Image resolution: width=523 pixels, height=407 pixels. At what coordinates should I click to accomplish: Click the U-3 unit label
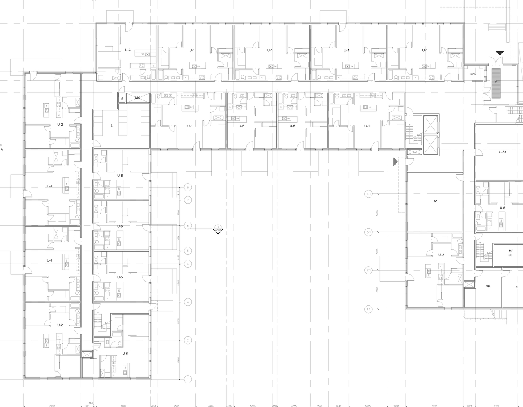pos(128,50)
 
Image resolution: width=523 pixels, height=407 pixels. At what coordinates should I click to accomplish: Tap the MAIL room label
pos(473,74)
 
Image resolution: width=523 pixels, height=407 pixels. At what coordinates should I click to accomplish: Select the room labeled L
pos(112,125)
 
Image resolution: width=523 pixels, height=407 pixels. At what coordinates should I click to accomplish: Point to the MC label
pos(138,98)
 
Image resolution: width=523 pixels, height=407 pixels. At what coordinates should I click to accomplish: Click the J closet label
pos(122,98)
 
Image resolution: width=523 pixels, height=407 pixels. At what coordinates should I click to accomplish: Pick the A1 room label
pos(436,201)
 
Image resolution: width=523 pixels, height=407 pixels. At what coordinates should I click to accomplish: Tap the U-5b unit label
pos(503,152)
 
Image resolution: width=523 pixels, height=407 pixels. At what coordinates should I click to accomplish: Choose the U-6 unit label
pos(125,354)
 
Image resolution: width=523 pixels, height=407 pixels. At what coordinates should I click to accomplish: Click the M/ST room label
pos(510,253)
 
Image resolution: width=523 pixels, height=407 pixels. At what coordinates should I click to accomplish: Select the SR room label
pos(488,287)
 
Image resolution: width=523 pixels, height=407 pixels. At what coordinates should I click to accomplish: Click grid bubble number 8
pos(188,187)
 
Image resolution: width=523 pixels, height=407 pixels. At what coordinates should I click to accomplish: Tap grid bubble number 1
pos(188,379)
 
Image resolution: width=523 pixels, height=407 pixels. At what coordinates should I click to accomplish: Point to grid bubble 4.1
pos(369,194)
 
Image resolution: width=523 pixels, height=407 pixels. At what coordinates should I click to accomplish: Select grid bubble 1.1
pos(369,309)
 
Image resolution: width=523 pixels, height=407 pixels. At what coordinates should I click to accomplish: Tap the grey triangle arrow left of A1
pos(395,162)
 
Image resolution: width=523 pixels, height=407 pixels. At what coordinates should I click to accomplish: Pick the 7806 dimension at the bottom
pos(123,406)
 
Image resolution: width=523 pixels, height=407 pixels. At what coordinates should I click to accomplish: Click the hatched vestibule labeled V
pos(496,82)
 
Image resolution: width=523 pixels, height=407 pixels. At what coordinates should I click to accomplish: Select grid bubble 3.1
pos(369,232)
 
